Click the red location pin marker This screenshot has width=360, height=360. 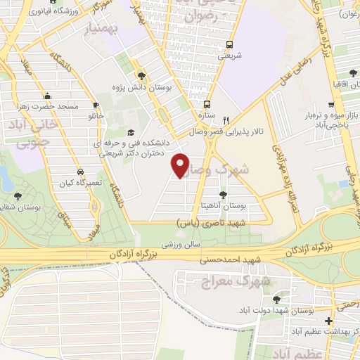(181, 165)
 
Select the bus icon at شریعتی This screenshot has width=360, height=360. (227, 44)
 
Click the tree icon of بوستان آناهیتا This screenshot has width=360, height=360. (223, 194)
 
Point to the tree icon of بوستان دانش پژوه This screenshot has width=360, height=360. (141, 75)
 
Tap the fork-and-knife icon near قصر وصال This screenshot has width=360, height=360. (226, 120)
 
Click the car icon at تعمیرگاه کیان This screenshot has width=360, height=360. (80, 171)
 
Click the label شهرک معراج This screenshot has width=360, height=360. (244, 281)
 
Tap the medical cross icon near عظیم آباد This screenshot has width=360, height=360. (329, 320)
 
